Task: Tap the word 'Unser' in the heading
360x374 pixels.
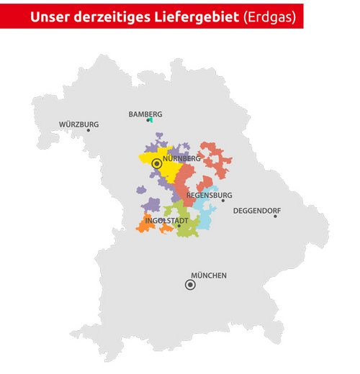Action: pos(50,17)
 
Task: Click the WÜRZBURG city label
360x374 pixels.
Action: pos(78,124)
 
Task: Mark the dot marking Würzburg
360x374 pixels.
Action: pos(89,130)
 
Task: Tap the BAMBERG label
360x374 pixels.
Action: pos(145,114)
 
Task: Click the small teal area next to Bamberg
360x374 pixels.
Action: pos(150,119)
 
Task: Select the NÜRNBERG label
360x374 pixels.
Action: pos(181,158)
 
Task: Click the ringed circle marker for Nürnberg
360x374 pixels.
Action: pos(156,164)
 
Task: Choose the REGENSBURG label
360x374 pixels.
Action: pos(209,195)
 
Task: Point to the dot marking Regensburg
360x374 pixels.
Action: pos(222,201)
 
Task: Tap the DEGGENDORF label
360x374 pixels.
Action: pos(256,211)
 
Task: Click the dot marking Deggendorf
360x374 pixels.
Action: pos(274,216)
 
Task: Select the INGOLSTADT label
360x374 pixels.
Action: pos(166,220)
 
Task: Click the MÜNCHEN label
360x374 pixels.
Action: pos(209,275)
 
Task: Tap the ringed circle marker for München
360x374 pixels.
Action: pos(190,285)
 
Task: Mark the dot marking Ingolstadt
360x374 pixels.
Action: pos(179,226)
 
